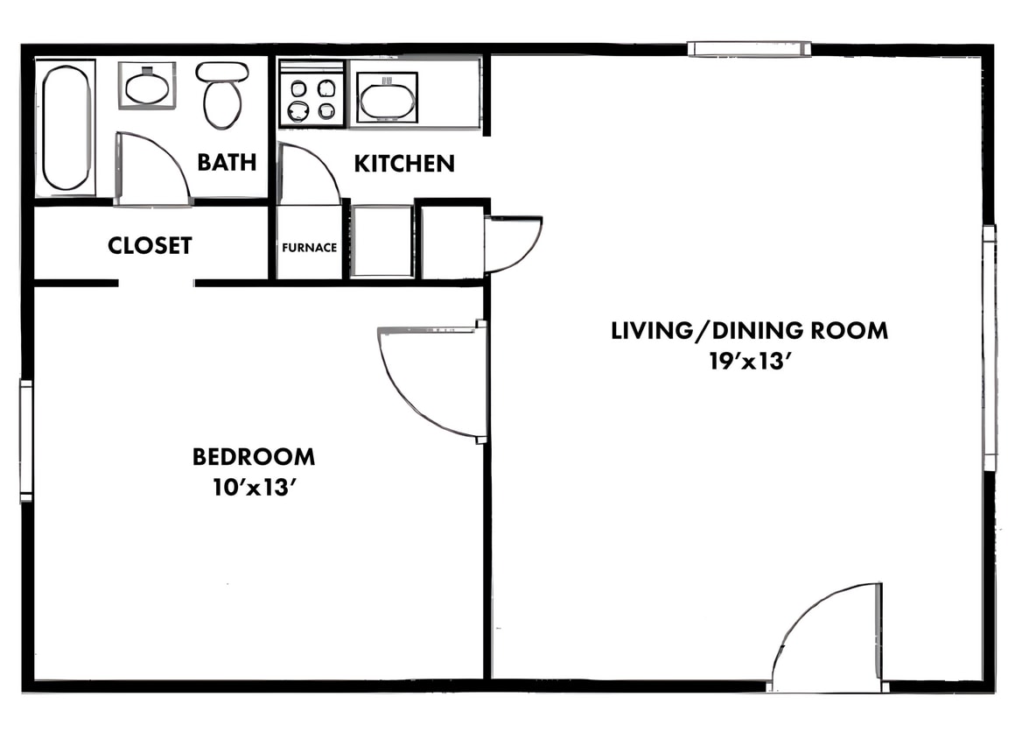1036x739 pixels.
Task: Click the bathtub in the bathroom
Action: [66, 128]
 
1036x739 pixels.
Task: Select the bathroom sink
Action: [147, 86]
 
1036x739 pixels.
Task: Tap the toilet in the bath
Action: [222, 95]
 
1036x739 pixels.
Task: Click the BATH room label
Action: [227, 163]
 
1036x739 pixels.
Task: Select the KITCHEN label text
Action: [404, 164]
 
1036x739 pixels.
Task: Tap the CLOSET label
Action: [150, 246]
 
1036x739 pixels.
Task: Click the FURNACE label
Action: [309, 248]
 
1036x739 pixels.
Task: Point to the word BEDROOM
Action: [254, 457]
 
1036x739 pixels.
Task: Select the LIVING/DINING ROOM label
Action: [749, 331]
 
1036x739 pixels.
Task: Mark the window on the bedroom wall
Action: [26, 441]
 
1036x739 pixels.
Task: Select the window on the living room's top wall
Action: [749, 49]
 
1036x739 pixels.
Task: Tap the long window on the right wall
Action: [990, 348]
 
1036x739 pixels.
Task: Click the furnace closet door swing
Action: [308, 175]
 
